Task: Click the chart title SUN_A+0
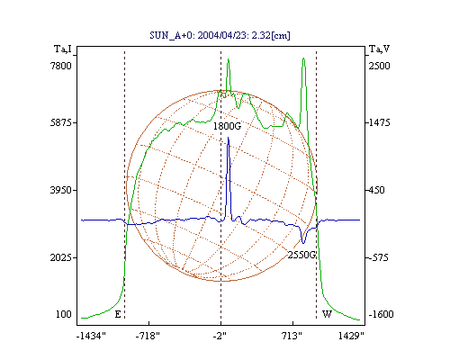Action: point(169,35)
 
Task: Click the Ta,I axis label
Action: point(63,49)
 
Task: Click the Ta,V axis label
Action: point(379,49)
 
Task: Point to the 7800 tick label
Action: point(61,66)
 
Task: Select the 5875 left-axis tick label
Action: point(61,122)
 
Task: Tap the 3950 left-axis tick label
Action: point(61,190)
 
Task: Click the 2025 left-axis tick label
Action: point(61,257)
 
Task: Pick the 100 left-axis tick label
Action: point(64,314)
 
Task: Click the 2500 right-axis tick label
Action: point(379,66)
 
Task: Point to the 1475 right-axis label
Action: point(379,122)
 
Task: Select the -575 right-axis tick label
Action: point(379,257)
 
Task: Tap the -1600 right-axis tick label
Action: point(381,314)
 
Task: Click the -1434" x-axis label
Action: point(91,336)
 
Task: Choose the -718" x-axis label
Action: point(148,336)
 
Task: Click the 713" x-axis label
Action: point(292,336)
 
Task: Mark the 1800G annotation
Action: point(227,126)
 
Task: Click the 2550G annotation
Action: point(301,255)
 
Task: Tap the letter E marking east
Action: point(118,314)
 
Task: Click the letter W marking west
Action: point(327,314)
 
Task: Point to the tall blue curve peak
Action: point(229,138)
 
